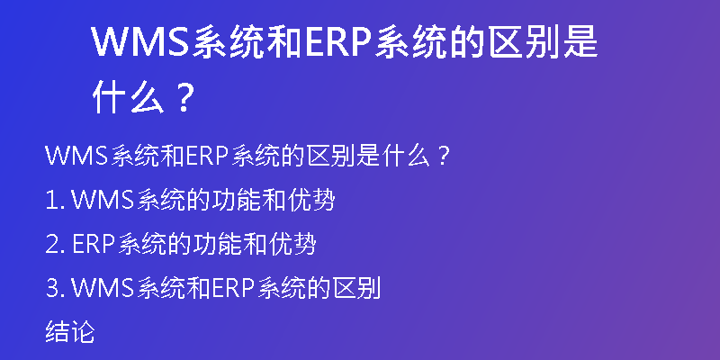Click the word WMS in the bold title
click(x=141, y=41)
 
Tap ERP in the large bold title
click(x=337, y=41)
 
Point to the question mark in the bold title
click(x=184, y=98)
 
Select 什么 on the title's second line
click(x=128, y=98)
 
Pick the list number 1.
click(x=50, y=201)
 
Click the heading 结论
click(x=70, y=332)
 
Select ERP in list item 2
click(x=94, y=245)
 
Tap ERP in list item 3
click(x=234, y=289)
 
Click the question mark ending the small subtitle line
click(x=442, y=157)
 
